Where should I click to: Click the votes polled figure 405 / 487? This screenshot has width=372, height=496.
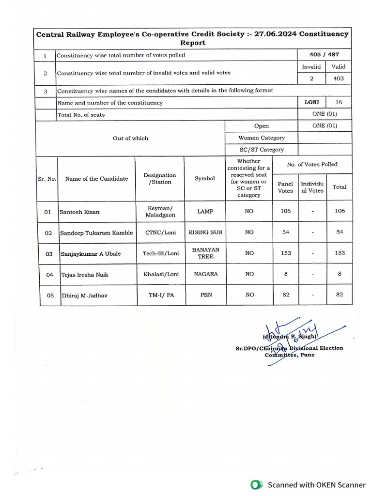click(324, 55)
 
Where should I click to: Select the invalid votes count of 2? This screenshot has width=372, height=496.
click(311, 78)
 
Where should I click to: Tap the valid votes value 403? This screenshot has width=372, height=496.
click(339, 78)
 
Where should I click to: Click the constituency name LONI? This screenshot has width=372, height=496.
click(311, 102)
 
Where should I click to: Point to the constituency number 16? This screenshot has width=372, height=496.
click(339, 102)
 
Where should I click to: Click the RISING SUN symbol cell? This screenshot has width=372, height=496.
click(205, 232)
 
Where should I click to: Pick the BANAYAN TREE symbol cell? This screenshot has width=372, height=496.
click(205, 253)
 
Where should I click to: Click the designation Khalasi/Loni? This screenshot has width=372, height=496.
click(161, 274)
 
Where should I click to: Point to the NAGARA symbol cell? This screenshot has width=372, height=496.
click(205, 274)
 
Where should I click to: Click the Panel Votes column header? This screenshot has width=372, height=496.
click(285, 187)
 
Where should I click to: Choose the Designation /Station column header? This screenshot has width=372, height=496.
click(160, 178)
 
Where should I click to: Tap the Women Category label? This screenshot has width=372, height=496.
click(262, 138)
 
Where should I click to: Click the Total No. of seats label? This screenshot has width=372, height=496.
click(81, 115)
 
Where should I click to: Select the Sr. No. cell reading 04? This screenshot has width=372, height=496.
click(49, 275)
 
